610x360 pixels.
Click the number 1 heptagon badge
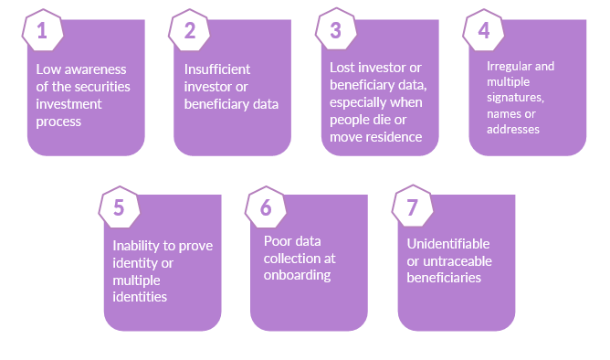pos(42,30)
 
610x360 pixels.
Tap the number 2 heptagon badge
pos(189,30)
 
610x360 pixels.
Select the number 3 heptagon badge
pos(336,29)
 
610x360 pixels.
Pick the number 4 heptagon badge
pos(483,30)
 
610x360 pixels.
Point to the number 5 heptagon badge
pos(119,207)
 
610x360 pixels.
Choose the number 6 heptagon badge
pos(266,207)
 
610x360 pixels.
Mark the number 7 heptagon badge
pos(413,206)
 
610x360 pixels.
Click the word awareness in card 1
pos(95,69)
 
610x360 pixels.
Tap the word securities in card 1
pos(102,87)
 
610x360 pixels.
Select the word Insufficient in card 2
pos(217,69)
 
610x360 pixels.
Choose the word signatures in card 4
pos(515,98)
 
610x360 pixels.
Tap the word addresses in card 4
pos(513,129)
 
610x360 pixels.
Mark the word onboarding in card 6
pos(297,276)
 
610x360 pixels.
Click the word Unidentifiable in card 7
pos(448,244)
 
